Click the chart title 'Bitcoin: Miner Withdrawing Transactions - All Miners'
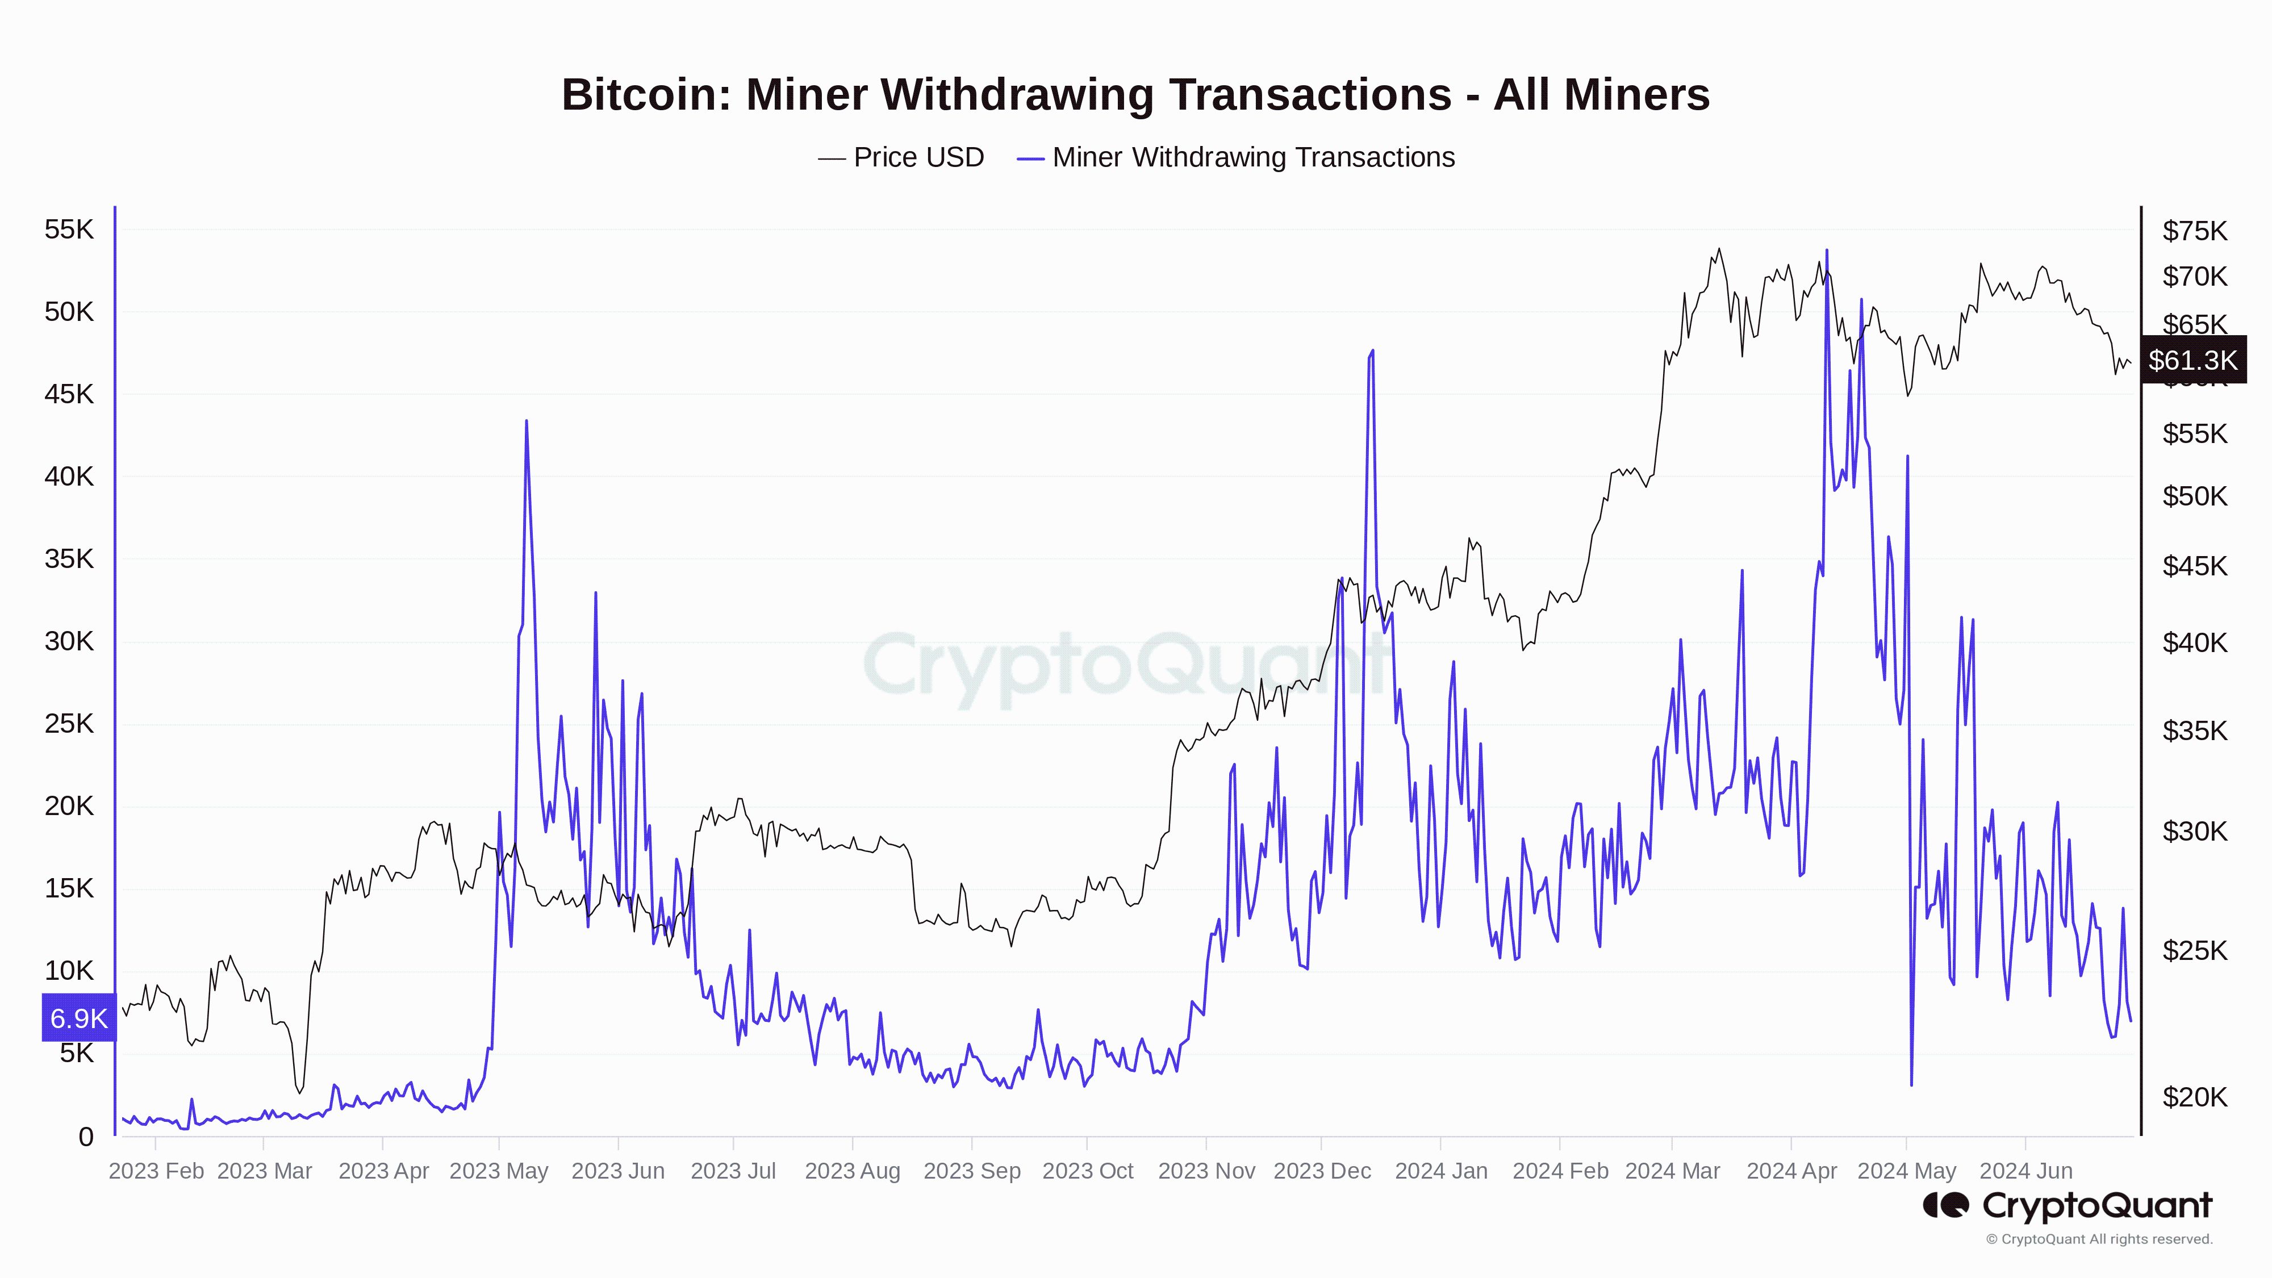pos(1135,94)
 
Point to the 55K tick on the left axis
pos(69,229)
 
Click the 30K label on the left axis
pos(69,641)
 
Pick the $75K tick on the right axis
pos(2194,231)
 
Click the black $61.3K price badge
pos(2192,360)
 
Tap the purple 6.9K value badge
pos(78,1018)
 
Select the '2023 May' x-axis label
pos(499,1171)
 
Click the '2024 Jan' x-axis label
pos(1441,1171)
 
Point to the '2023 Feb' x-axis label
pos(156,1171)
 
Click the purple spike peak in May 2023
pos(527,421)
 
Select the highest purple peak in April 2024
pos(1827,250)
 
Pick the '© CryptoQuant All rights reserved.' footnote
pos(2099,1239)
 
